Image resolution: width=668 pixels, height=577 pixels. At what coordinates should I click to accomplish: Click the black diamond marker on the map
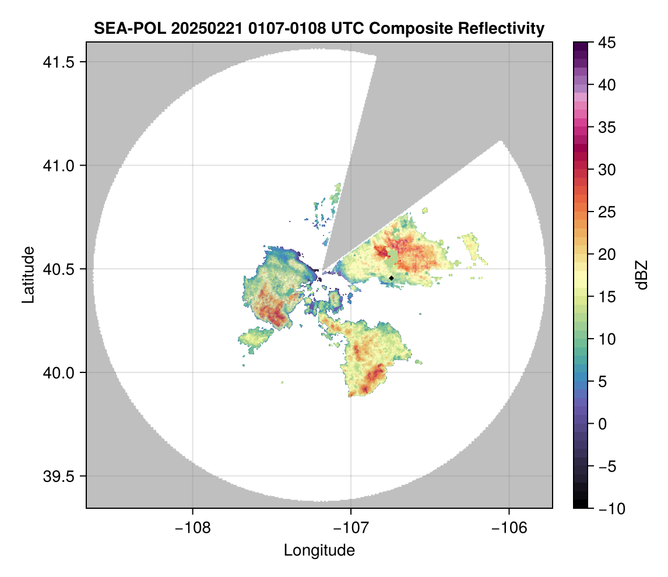tap(391, 278)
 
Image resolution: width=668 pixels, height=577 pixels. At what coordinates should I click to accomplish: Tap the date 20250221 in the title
tap(202, 28)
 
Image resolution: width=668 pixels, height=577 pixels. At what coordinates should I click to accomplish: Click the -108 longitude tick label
tap(192, 528)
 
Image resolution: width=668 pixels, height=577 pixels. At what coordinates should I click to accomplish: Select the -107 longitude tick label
tap(351, 528)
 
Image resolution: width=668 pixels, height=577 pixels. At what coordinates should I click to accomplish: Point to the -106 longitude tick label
tap(509, 528)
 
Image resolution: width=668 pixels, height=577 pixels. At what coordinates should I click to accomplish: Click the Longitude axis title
tap(319, 550)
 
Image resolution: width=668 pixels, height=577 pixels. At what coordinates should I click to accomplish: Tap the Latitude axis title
tap(27, 275)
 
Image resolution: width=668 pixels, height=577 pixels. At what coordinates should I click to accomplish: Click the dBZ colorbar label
tap(642, 275)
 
